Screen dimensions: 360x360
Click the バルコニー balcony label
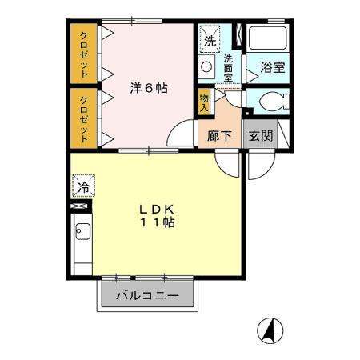[x=146, y=295]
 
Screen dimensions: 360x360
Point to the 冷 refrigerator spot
[x=82, y=187]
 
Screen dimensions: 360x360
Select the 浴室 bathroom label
[x=272, y=68]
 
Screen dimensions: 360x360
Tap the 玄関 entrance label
[x=260, y=135]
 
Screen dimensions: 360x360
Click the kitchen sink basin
[x=82, y=233]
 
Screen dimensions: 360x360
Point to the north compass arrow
[x=272, y=329]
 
